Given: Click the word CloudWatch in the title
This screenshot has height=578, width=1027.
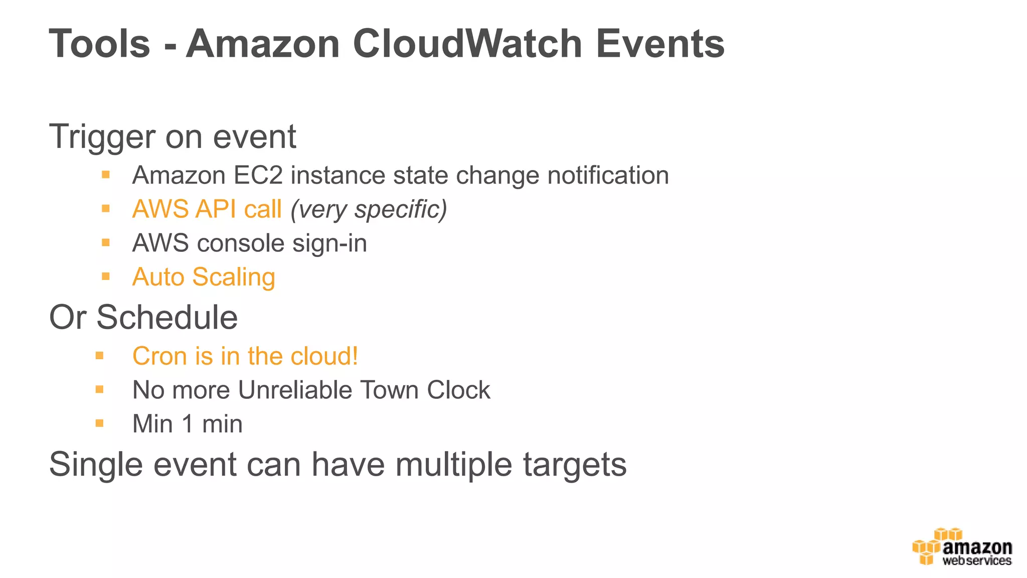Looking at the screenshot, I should pos(467,44).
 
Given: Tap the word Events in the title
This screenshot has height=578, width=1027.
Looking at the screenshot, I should pos(660,44).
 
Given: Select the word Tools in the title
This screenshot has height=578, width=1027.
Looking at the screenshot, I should pos(100,44).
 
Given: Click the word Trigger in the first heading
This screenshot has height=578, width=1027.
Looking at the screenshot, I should pos(102,137).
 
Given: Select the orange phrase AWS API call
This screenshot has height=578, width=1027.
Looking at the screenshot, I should pos(207,209).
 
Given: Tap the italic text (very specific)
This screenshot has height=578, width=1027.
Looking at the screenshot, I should pos(369,209).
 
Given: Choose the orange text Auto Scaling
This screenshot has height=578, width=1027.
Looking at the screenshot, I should pos(204,277).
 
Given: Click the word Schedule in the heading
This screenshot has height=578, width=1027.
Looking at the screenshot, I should pos(167,317).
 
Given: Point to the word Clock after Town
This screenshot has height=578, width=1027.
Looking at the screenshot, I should pos(458,390).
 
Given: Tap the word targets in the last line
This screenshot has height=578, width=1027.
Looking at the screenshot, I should pos(575,465).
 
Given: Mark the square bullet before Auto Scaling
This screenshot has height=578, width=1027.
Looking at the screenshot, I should pos(105,276).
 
